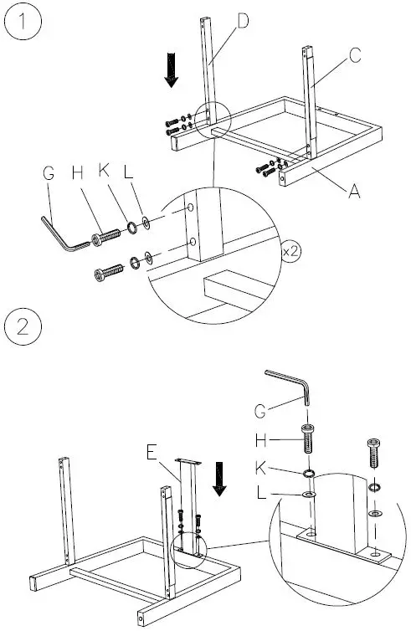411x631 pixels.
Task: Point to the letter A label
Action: click(354, 191)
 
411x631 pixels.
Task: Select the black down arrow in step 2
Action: click(221, 480)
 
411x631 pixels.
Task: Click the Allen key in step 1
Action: click(63, 234)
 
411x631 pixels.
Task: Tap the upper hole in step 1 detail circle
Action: click(192, 206)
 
